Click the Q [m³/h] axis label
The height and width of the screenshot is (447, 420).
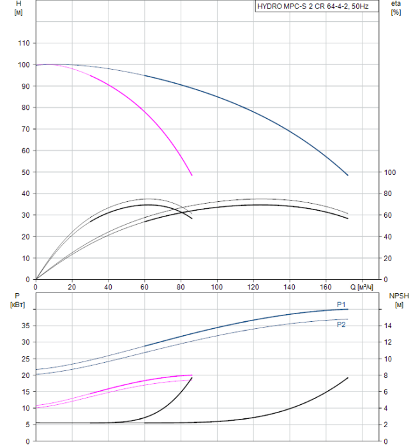click(x=366, y=287)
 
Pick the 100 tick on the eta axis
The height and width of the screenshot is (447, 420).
click(x=389, y=172)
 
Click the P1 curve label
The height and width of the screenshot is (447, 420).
click(x=341, y=305)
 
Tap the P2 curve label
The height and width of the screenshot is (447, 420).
click(x=341, y=324)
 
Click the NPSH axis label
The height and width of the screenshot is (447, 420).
click(x=397, y=300)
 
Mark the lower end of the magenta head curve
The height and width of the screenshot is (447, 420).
click(x=191, y=174)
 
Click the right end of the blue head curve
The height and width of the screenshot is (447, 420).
click(x=348, y=174)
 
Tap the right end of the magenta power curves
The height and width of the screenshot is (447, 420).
click(x=191, y=376)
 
